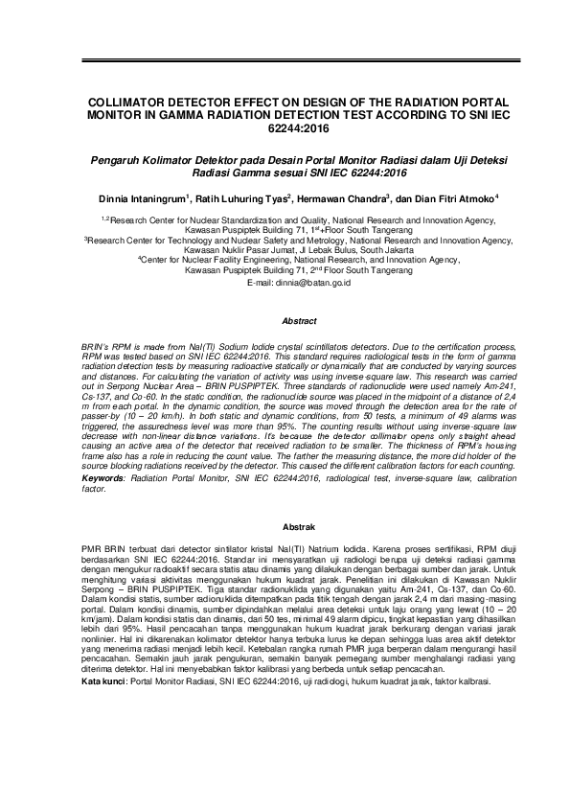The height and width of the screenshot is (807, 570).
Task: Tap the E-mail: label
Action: (x=261, y=285)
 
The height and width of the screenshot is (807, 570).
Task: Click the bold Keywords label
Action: (x=103, y=476)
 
